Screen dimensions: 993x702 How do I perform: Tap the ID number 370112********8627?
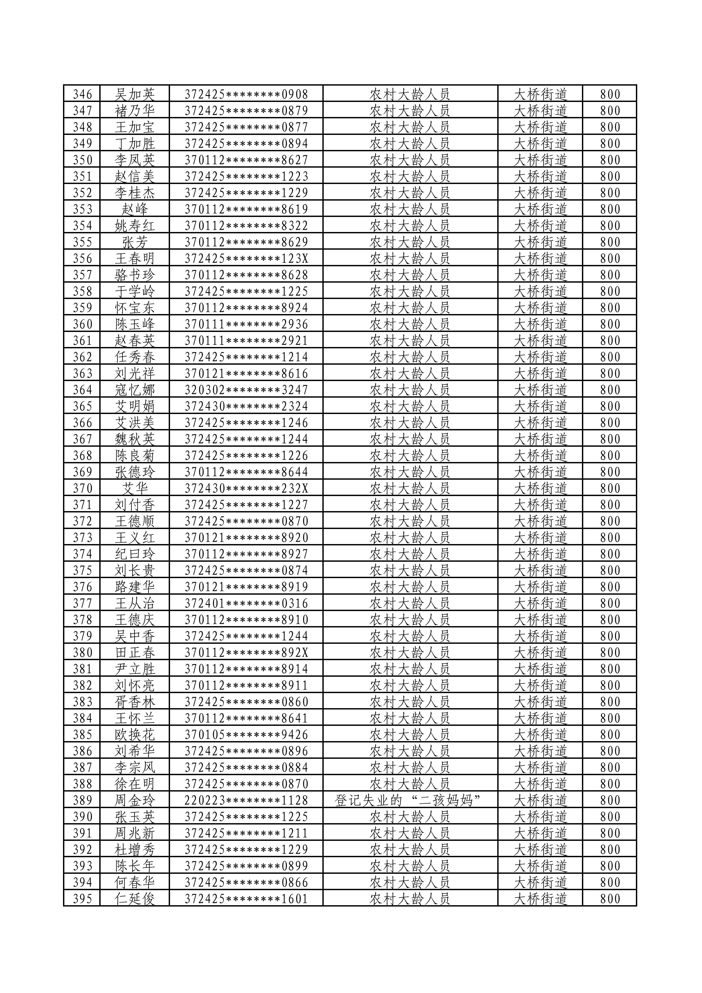click(x=246, y=160)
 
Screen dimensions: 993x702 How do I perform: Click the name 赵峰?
click(x=134, y=209)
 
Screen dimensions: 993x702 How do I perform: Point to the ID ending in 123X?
click(x=246, y=259)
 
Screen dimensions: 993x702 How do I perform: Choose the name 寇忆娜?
click(x=134, y=390)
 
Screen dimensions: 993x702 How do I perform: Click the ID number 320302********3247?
click(x=246, y=390)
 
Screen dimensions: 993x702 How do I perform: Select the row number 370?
click(x=82, y=489)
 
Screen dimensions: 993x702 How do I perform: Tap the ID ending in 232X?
click(x=246, y=489)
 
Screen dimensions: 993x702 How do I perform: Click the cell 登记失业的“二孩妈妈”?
click(x=409, y=801)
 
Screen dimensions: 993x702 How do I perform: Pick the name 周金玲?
click(x=134, y=801)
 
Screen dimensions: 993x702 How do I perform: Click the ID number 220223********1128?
click(x=246, y=801)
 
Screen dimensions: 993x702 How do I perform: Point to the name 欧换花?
click(x=134, y=735)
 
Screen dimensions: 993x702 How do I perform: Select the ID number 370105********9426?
click(x=246, y=735)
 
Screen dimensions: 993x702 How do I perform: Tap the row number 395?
click(x=82, y=899)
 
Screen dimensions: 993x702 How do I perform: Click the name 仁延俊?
click(x=134, y=899)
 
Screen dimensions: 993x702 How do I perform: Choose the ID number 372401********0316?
click(x=246, y=603)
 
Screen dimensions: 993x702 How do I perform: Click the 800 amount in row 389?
click(x=610, y=801)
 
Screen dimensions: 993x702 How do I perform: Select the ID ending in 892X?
click(x=246, y=653)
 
